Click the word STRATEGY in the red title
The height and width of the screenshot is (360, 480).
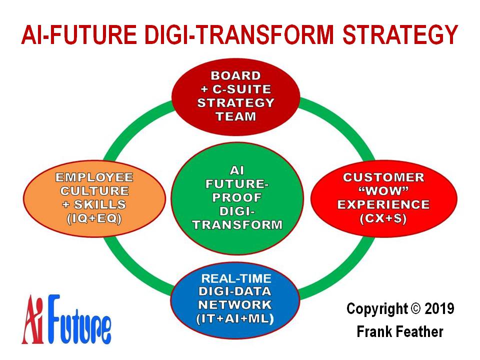click(400, 34)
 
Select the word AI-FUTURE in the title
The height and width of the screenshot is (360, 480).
click(79, 34)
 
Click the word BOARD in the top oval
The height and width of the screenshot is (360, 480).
click(235, 75)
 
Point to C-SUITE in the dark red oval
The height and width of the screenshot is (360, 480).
click(241, 89)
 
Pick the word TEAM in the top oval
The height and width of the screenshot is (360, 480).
click(235, 116)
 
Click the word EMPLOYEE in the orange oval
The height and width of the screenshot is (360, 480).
click(94, 177)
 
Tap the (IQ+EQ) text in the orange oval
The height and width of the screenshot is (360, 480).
click(94, 218)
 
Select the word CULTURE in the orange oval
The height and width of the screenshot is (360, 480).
click(94, 190)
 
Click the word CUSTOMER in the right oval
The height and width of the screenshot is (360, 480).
click(383, 177)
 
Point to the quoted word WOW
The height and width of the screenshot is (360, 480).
click(383, 190)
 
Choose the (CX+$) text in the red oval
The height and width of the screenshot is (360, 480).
click(383, 218)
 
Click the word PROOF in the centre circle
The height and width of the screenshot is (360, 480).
click(237, 197)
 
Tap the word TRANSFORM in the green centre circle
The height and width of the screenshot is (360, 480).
click(237, 224)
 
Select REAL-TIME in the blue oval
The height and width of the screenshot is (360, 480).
click(236, 278)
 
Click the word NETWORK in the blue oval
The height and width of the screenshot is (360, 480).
click(235, 304)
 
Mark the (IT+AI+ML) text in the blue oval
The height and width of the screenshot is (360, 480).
click(235, 318)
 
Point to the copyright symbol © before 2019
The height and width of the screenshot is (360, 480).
click(415, 309)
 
